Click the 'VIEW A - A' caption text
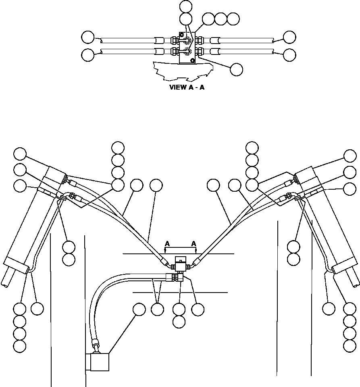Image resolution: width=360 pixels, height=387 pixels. click(x=187, y=88)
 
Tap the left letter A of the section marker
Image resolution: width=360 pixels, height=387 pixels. click(x=167, y=244)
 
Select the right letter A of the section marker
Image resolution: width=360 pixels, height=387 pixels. click(x=194, y=244)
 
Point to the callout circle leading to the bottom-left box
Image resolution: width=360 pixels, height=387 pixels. click(x=139, y=310)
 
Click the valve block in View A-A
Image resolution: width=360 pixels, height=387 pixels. click(x=187, y=48)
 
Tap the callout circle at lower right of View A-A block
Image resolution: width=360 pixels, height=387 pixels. click(x=237, y=69)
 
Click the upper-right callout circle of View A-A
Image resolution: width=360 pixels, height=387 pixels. click(x=289, y=37)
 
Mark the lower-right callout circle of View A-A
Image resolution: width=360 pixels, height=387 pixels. click(x=289, y=54)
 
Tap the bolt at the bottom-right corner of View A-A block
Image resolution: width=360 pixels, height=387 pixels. click(x=192, y=61)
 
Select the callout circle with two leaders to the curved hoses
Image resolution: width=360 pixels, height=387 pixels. click(x=157, y=310)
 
